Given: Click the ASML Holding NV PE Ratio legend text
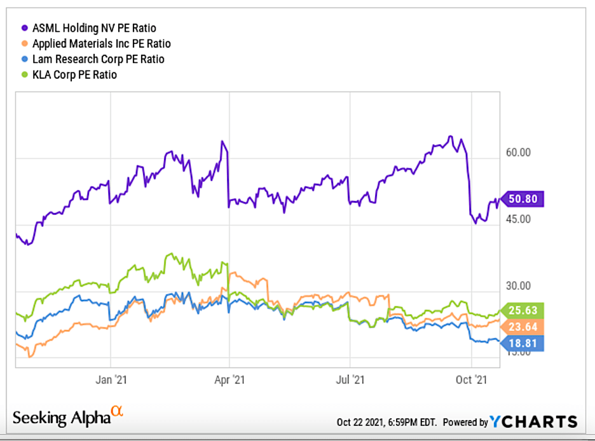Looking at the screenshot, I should tap(94, 28).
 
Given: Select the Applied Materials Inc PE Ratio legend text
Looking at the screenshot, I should tap(102, 44).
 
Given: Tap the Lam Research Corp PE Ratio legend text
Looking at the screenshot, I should tap(99, 59).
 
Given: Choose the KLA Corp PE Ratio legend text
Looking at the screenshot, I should tap(75, 74).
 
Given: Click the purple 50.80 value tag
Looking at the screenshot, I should tap(525, 199).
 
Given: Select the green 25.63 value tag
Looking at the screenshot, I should tap(525, 311).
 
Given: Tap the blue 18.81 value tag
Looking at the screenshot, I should tap(525, 344).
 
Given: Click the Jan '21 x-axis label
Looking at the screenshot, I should tap(112, 379).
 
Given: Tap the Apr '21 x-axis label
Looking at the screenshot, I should tap(230, 379).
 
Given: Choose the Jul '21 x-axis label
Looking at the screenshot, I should tap(350, 379).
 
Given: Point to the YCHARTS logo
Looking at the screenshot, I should tap(534, 421).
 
